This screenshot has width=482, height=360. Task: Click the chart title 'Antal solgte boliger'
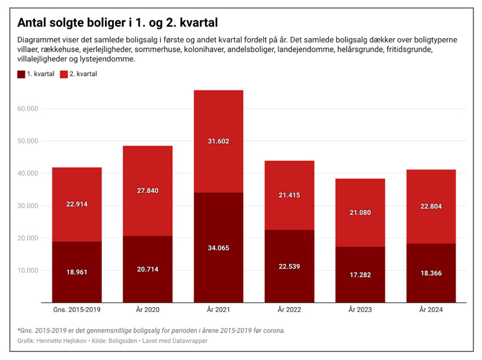(x=117, y=23)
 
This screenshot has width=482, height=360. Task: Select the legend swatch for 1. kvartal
(x=22, y=74)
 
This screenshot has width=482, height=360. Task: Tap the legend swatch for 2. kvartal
(x=65, y=74)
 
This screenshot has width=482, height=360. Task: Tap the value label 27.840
(x=147, y=190)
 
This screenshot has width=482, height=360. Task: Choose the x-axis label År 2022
(x=289, y=310)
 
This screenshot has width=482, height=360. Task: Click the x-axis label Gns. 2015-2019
(x=76, y=310)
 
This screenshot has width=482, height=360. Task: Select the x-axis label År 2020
(x=147, y=310)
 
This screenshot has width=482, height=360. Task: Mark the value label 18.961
(x=76, y=272)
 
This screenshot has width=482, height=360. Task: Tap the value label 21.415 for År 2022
(x=289, y=195)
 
